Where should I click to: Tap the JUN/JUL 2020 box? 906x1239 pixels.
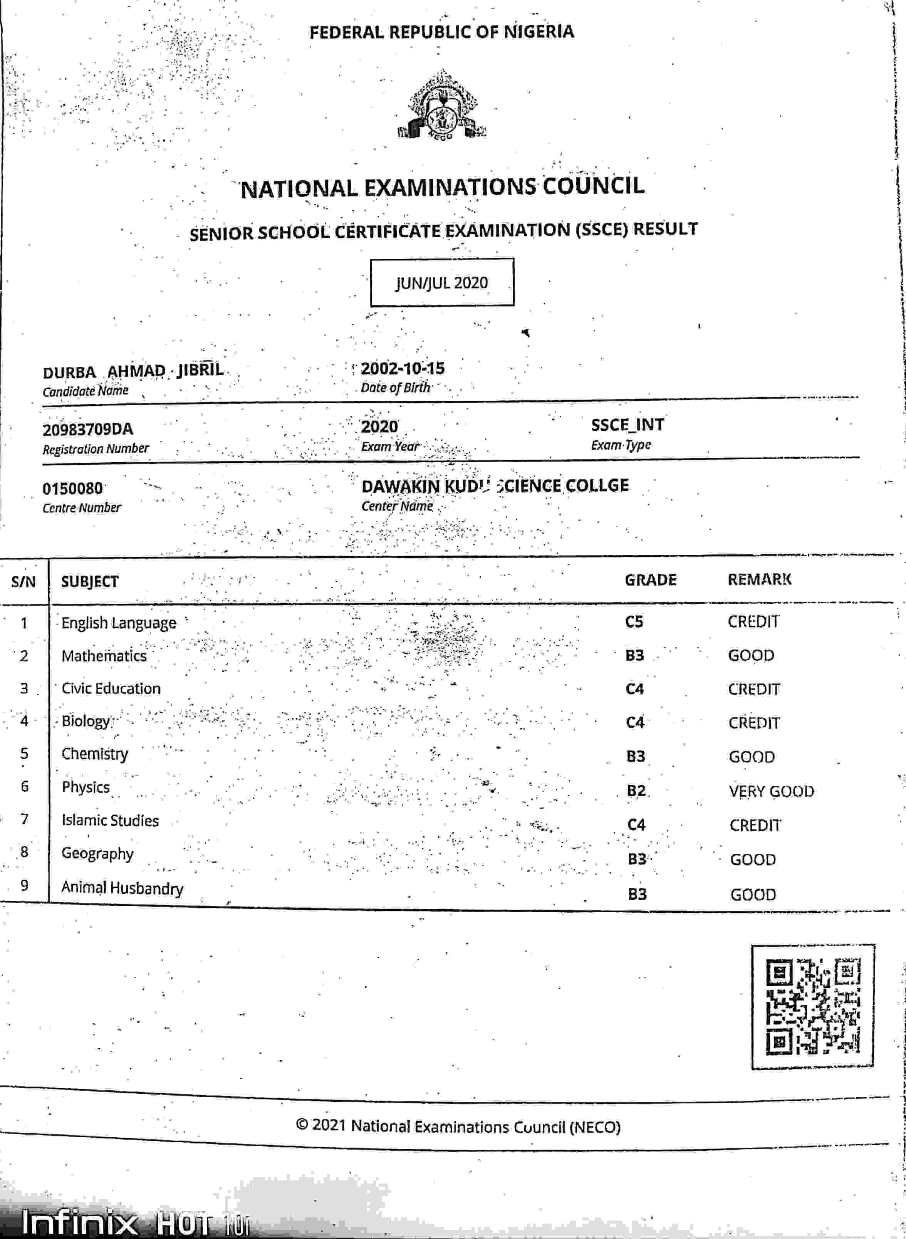click(x=442, y=282)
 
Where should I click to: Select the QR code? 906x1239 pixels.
click(x=812, y=1007)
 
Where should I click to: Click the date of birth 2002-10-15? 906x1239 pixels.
click(x=403, y=369)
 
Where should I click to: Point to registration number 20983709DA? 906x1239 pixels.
click(x=88, y=429)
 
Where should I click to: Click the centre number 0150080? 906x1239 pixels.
click(x=72, y=488)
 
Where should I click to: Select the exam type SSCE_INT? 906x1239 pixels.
click(x=627, y=425)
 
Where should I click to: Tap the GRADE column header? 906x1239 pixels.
click(x=651, y=580)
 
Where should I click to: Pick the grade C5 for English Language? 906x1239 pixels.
click(x=634, y=621)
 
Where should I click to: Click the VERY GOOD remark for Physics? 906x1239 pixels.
click(x=771, y=791)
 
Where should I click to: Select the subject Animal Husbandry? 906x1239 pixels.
click(x=122, y=888)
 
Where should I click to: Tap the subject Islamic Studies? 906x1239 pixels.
click(x=110, y=821)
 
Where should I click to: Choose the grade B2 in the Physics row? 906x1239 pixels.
click(x=636, y=791)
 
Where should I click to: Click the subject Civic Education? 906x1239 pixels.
click(x=111, y=688)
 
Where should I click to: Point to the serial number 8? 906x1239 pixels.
click(x=24, y=852)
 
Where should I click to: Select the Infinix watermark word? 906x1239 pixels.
click(x=79, y=1221)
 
